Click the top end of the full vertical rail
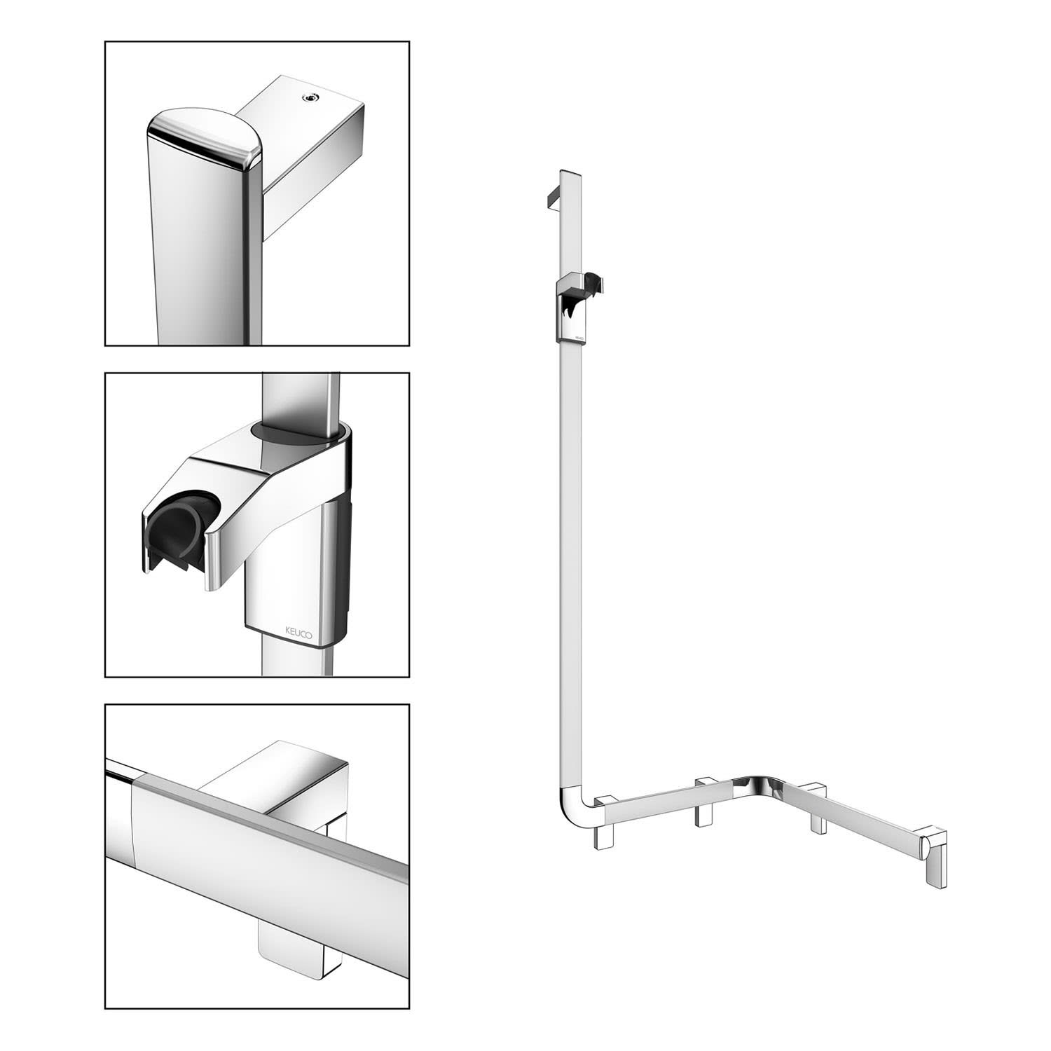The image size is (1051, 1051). (x=570, y=172)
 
